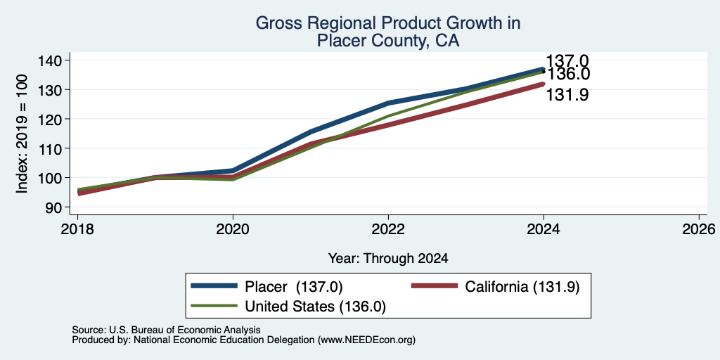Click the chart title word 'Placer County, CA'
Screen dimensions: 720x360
pyautogui.click(x=388, y=41)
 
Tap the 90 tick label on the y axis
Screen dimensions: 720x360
pyautogui.click(x=54, y=207)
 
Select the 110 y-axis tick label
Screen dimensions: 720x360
pyautogui.click(x=49, y=148)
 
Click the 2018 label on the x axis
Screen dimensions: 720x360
pyautogui.click(x=77, y=229)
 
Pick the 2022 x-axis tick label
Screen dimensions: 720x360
pyautogui.click(x=388, y=229)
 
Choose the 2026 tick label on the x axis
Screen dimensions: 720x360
pyautogui.click(x=699, y=229)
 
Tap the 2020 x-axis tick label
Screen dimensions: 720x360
pyautogui.click(x=233, y=229)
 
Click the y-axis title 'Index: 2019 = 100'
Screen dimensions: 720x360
pyautogui.click(x=22, y=134)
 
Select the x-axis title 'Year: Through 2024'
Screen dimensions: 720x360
pyautogui.click(x=388, y=259)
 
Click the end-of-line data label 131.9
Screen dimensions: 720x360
pyautogui.click(x=567, y=95)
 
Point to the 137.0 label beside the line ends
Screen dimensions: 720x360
pyautogui.click(x=567, y=60)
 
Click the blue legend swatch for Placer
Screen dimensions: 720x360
pyautogui.click(x=214, y=286)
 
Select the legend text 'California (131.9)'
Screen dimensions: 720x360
pyautogui.click(x=522, y=287)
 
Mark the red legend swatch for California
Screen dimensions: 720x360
pyautogui.click(x=435, y=286)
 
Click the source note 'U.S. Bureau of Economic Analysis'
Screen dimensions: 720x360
pyautogui.click(x=185, y=330)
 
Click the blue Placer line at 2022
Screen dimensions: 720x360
pyautogui.click(x=388, y=103)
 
